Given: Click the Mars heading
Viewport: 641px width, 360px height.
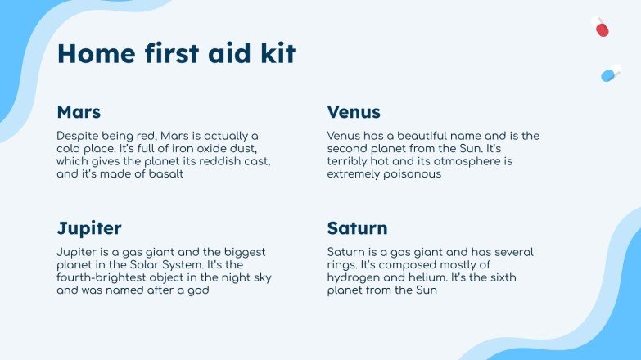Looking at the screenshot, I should coord(79,112).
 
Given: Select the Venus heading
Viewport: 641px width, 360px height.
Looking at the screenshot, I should coord(354,112).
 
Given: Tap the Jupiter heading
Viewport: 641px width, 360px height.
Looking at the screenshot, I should coord(89,227).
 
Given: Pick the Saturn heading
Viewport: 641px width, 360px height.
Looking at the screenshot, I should coord(357,227).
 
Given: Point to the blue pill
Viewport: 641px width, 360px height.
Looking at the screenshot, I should coord(611,74).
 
